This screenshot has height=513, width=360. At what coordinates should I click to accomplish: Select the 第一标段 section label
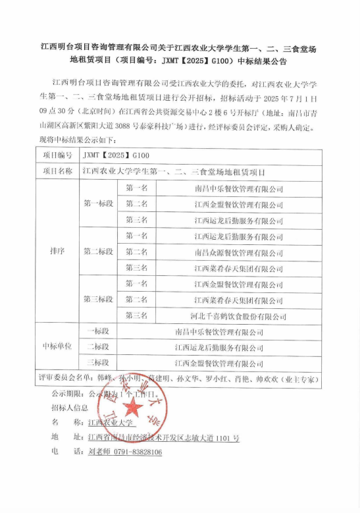97,204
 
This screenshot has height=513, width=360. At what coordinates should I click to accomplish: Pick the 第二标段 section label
97,252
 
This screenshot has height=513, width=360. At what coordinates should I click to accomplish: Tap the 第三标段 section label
97,299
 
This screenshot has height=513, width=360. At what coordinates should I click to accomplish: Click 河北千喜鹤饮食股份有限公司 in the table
238,315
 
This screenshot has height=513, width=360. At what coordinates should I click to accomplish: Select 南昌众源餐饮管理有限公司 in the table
238,252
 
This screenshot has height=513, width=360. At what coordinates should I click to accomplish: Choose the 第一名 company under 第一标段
238,188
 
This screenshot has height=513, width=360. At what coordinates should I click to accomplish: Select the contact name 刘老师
99,452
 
